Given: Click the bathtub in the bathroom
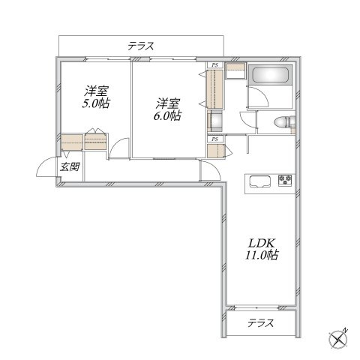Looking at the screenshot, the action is [x=270, y=74].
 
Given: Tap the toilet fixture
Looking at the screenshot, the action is [x=284, y=123].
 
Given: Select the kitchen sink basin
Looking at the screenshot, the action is [x=260, y=181].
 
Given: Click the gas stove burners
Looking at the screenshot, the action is [x=285, y=180].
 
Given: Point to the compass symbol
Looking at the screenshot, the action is [x=338, y=339].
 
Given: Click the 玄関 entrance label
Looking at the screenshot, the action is [x=70, y=166].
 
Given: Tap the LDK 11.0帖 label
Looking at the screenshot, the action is [x=262, y=249].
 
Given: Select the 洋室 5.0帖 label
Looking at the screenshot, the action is [x=97, y=97].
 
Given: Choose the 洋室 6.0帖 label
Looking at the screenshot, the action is [x=168, y=109].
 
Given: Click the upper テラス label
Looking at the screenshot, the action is [x=141, y=46].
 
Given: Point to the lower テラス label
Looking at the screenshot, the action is [x=261, y=323].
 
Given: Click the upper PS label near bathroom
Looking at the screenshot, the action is [x=214, y=65].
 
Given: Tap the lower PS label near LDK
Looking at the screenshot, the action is [x=214, y=139].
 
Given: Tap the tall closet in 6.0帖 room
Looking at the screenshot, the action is [x=214, y=89].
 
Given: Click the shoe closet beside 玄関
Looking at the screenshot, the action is [x=72, y=142].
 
